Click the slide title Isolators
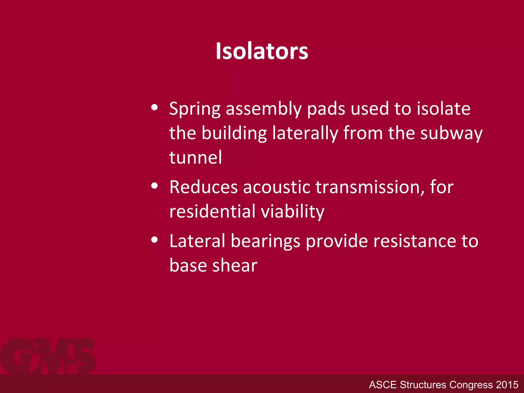[x=262, y=51]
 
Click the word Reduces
[x=204, y=187]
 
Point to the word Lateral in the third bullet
[x=197, y=241]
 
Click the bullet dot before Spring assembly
[x=154, y=107]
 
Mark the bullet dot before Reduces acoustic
[x=154, y=185]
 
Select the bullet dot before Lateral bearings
[x=154, y=239]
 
